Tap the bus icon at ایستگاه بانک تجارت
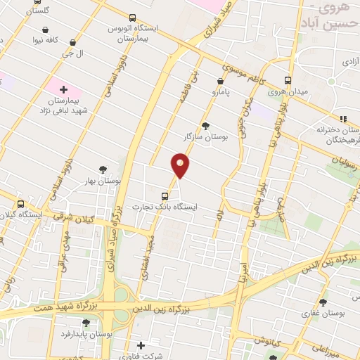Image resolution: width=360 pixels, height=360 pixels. pos(165,196)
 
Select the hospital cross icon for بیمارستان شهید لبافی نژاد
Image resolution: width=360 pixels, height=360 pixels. pos(63,89)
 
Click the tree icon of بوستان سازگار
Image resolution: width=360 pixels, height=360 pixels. pos(205,126)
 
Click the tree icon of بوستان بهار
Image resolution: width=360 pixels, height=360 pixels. pos(103,169)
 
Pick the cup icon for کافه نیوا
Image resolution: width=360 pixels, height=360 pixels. pos(45,30)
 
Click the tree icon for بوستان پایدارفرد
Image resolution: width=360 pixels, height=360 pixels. pos(86,323)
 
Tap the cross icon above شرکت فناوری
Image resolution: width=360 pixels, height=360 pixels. pos(141,345)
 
